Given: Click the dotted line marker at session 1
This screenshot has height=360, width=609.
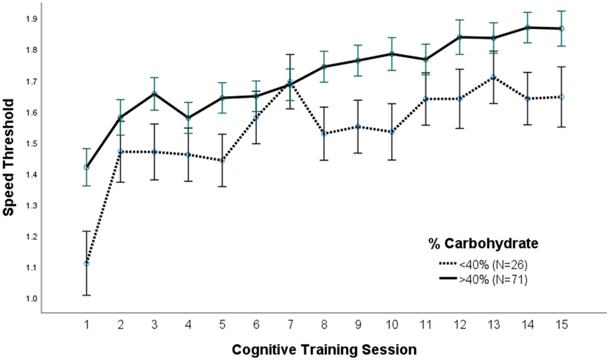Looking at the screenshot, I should tap(87, 263).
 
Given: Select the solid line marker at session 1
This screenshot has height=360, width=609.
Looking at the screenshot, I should tap(87, 167).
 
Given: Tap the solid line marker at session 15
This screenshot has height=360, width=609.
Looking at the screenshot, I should tap(561, 29).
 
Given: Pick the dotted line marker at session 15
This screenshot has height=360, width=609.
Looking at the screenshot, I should tap(561, 96).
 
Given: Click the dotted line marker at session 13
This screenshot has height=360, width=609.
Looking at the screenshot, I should tap(493, 77).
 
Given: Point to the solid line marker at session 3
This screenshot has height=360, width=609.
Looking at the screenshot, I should tap(154, 93).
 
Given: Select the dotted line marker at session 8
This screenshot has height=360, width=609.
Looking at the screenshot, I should tap(324, 134).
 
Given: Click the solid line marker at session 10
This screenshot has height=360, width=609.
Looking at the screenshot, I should tap(392, 54).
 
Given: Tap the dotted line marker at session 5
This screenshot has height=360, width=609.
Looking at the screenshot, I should tap(222, 160).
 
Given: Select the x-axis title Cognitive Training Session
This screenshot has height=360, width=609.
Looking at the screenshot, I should tap(325, 349).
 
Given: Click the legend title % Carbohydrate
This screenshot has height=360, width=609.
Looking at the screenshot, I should tap(483, 244).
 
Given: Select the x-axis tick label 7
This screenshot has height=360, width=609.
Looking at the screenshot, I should tap(290, 323).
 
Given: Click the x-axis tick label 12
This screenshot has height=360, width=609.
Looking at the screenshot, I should tap(459, 323).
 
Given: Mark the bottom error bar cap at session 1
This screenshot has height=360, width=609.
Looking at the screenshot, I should tap(87, 295).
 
